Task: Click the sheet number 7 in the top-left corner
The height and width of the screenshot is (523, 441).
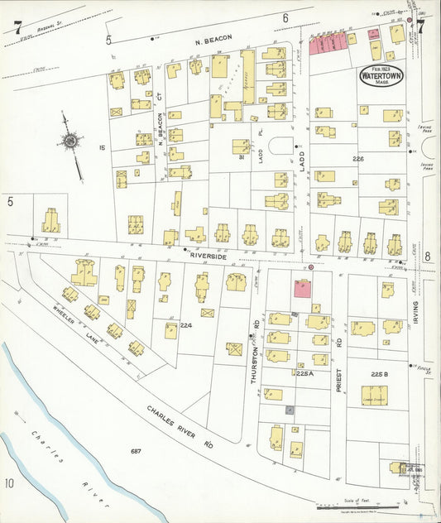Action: click(x=17, y=27)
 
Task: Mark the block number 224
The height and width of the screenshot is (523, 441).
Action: click(x=186, y=325)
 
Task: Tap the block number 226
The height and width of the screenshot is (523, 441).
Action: click(x=358, y=159)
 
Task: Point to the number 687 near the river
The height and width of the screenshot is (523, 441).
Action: click(x=136, y=451)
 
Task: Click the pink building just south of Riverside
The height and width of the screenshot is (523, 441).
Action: click(x=303, y=288)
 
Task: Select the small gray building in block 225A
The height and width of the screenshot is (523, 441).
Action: click(x=289, y=410)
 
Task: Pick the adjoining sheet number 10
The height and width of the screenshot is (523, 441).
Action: click(x=9, y=482)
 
